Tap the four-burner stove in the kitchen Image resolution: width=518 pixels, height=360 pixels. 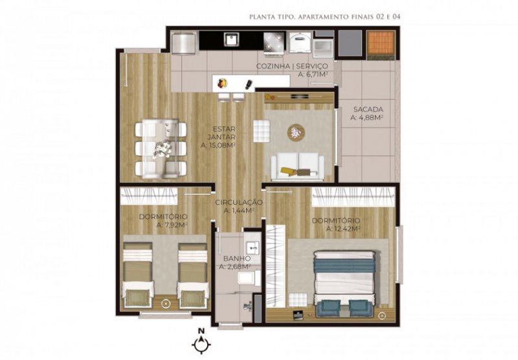click(274, 42)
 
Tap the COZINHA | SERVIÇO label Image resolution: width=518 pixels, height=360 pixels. click(292, 67)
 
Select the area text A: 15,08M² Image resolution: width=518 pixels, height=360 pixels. click(218, 145)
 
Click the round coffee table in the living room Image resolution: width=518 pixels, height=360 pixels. click(296, 133)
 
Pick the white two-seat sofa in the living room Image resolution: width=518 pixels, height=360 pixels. click(297, 166)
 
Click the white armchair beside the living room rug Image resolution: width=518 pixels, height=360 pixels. click(262, 131)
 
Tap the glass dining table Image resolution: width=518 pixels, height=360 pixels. click(161, 149)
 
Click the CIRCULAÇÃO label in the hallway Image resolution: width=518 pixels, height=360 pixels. click(239, 203)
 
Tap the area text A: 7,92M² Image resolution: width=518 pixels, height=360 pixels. click(172, 225)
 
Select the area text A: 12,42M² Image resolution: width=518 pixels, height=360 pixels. click(343, 229)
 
